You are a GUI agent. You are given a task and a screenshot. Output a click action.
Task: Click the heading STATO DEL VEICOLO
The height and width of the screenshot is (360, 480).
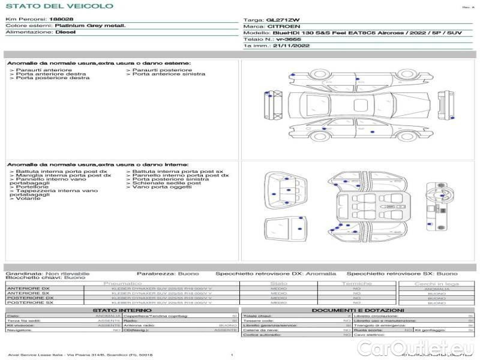[x=59, y=6]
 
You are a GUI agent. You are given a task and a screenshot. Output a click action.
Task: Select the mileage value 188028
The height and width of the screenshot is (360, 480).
[x=62, y=19]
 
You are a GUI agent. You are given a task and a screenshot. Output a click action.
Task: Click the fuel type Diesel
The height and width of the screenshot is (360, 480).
[x=65, y=32]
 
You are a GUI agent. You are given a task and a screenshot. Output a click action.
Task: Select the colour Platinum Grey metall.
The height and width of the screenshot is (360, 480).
[x=91, y=26]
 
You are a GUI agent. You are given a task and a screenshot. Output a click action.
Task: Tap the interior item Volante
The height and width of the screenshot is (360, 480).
[x=28, y=199]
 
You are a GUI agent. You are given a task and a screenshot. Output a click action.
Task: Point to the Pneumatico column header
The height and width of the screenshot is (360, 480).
[x=123, y=283]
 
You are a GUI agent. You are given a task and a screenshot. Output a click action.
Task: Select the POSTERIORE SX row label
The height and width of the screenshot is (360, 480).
[x=30, y=303]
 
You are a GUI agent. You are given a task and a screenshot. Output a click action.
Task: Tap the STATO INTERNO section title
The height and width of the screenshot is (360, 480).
[x=122, y=310]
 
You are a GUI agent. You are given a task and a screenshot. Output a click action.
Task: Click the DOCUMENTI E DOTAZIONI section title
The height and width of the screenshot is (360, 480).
[x=359, y=310]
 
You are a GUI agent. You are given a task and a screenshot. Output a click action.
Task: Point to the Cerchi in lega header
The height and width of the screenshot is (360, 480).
[x=436, y=283]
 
